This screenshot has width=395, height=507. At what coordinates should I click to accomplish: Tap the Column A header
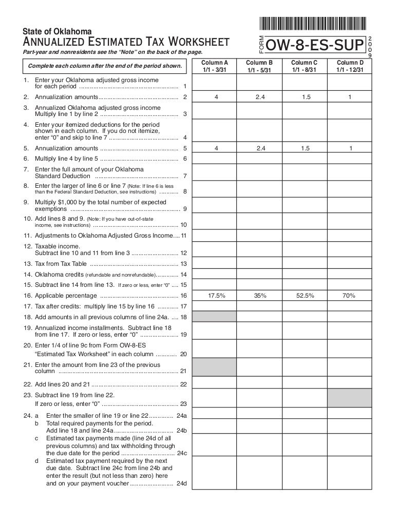pyautogui.click(x=214, y=66)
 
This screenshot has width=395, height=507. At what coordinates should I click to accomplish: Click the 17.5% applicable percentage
pyautogui.click(x=214, y=296)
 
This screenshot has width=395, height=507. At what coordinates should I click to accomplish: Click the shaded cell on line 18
pyautogui.click(x=214, y=318)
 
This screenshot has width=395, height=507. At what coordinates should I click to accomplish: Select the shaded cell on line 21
pyautogui.click(x=214, y=367)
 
